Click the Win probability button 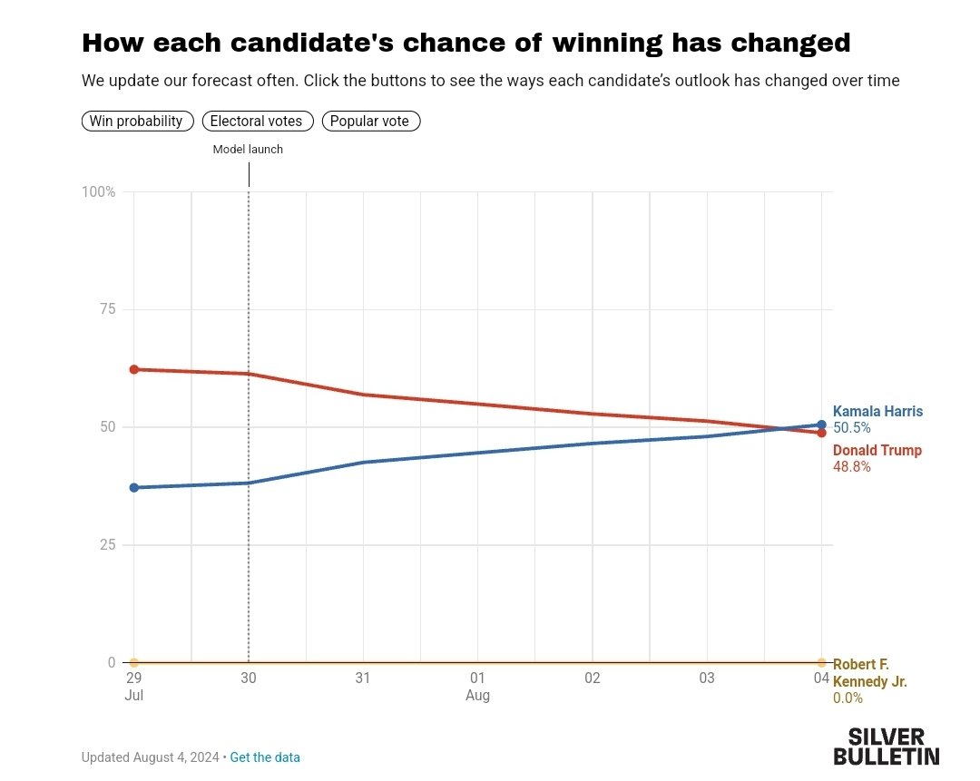point(137,121)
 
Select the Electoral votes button point(258,121)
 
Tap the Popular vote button point(370,121)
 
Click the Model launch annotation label point(248,150)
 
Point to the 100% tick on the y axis point(99,192)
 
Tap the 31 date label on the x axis point(363,678)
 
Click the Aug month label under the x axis point(478,696)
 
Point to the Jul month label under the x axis point(134,696)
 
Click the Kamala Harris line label point(877,412)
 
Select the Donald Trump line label point(877,451)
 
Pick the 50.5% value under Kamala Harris point(852,428)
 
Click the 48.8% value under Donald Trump point(852,467)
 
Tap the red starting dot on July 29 point(134,369)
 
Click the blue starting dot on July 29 point(134,488)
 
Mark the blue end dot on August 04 point(822,425)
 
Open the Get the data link point(265,757)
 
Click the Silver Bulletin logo point(887,746)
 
